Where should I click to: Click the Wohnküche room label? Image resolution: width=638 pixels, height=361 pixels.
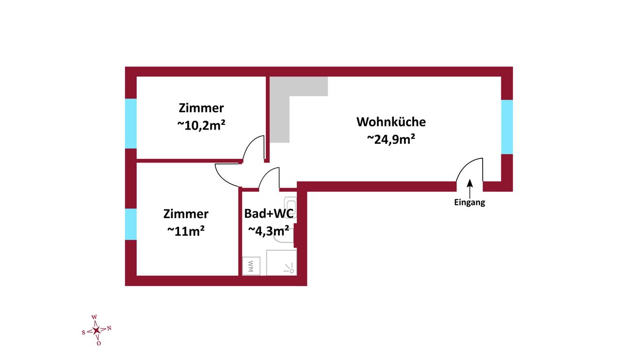coord(391,122)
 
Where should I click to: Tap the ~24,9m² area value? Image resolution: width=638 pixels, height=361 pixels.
coord(391,139)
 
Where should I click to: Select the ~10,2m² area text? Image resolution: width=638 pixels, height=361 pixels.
coord(201,125)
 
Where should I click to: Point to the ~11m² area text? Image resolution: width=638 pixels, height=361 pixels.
coord(186,231)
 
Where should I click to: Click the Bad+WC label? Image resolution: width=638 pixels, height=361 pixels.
coord(269,214)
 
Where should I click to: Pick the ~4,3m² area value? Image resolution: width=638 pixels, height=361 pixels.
coord(268,231)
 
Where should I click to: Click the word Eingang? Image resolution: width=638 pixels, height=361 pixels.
coord(469,203)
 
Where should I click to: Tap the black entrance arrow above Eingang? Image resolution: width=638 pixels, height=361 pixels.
coord(470,188)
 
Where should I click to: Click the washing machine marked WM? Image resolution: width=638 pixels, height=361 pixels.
coord(251,266)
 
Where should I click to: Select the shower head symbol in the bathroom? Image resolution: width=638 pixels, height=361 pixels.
coord(290,268)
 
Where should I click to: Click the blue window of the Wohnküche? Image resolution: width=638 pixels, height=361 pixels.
coord(507,127)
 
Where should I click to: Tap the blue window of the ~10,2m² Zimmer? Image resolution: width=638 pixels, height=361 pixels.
coord(131,123)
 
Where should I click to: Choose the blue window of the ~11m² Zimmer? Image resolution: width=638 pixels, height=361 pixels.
coord(131,224)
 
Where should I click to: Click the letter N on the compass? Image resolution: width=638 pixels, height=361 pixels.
coord(109,329)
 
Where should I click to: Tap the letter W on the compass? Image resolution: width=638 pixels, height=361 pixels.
coord(94,317)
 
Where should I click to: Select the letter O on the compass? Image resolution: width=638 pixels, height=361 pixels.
coord(99,343)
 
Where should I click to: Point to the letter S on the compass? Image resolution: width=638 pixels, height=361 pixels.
coord(84,332)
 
